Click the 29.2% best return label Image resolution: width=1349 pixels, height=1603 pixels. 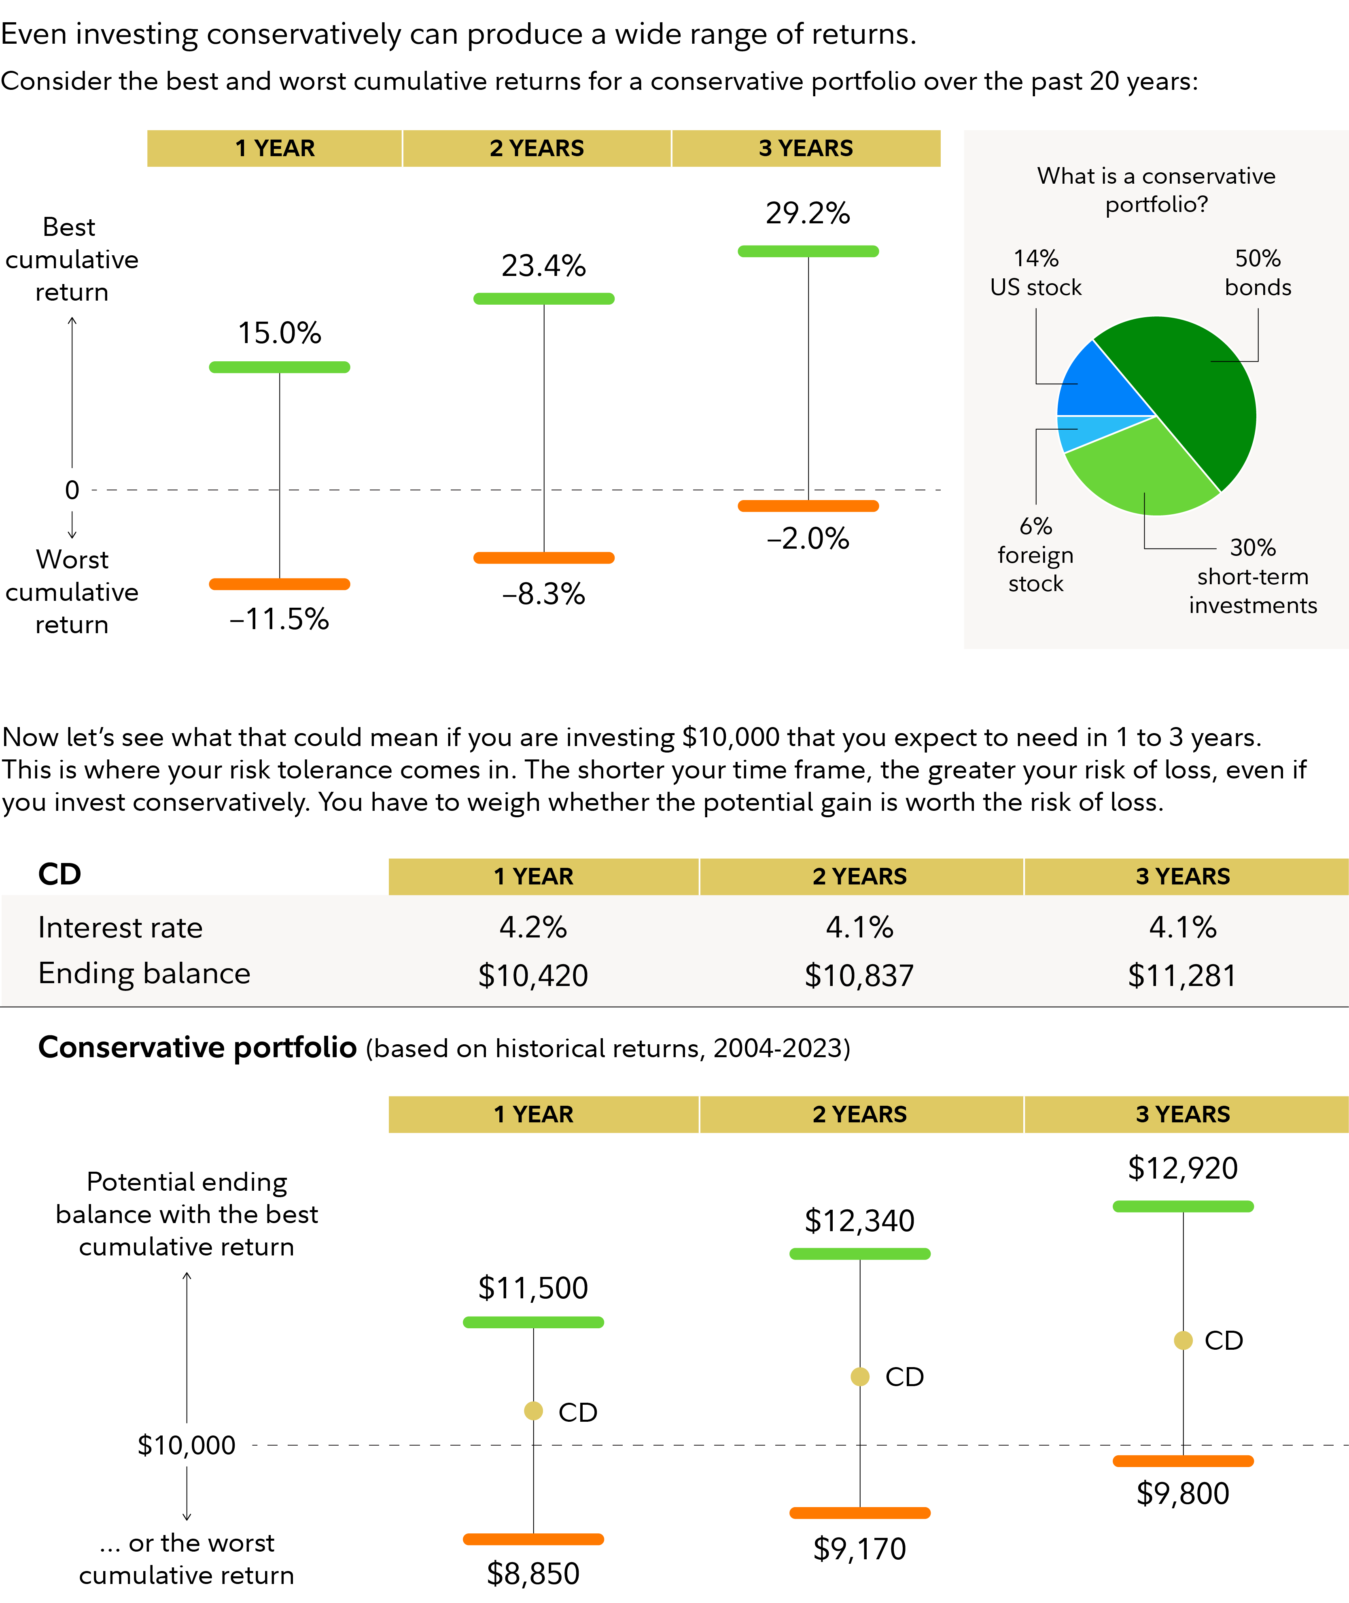[808, 213]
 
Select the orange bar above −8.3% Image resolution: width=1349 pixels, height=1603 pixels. [544, 558]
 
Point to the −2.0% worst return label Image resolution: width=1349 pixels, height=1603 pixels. [808, 539]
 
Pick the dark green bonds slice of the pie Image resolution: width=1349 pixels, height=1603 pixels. [1201, 390]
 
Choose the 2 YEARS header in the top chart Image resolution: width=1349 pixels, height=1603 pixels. [537, 148]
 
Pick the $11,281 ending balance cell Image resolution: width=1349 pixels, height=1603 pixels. [1182, 975]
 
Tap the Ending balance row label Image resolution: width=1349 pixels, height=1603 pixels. [144, 973]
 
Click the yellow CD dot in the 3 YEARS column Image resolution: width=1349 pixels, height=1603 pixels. [1183, 1340]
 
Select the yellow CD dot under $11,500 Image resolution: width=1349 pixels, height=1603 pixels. [534, 1411]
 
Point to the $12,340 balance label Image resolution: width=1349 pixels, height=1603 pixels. [859, 1221]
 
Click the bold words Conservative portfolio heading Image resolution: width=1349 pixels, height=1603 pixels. [197, 1047]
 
